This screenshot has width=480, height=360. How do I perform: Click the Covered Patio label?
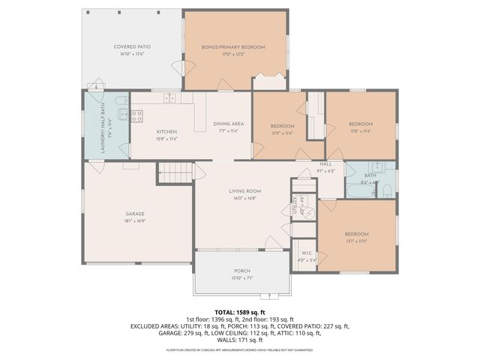(129, 46)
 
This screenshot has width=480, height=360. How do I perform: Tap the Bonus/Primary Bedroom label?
(233, 46)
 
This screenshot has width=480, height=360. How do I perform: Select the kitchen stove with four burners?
(137, 115)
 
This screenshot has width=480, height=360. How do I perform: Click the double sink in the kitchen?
(170, 97)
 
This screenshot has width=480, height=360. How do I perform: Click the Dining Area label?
(228, 124)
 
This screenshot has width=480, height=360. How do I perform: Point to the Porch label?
(241, 271)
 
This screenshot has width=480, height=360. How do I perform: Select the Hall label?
(325, 163)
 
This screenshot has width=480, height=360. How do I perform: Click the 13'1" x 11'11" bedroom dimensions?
(356, 241)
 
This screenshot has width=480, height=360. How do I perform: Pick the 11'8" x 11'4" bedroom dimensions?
(360, 130)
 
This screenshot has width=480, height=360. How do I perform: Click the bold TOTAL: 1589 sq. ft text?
(240, 311)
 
